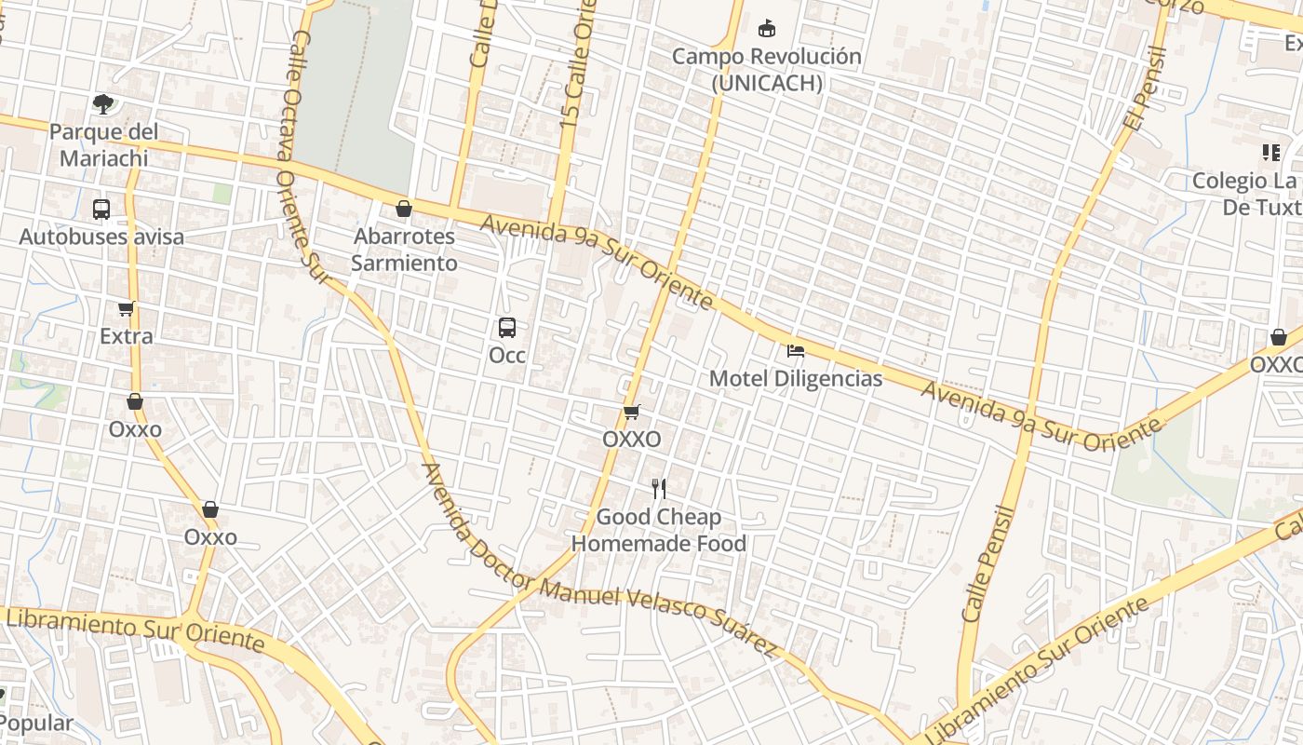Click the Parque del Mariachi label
[x=103, y=144]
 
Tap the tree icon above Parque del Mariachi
[x=102, y=103]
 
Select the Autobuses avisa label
[x=101, y=237]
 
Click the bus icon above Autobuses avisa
[x=101, y=210]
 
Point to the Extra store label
[x=127, y=336]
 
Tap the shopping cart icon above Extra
[x=127, y=309]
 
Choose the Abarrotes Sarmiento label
[x=404, y=250]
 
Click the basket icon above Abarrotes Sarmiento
[x=404, y=209]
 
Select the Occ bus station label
[x=507, y=355]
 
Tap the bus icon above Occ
[x=507, y=328]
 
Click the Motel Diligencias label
[x=796, y=379]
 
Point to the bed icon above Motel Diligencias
[x=796, y=351]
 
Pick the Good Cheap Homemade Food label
[x=659, y=530]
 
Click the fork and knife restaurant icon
[x=659, y=489]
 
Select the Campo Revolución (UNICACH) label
[x=767, y=70]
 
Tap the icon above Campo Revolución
[x=767, y=29]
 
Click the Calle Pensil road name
[x=988, y=563]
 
